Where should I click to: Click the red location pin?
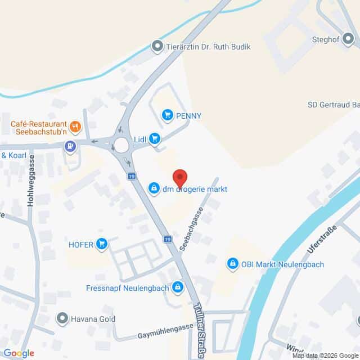coord(179,178)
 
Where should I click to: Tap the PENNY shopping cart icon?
coord(167,116)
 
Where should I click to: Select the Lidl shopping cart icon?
coord(154,139)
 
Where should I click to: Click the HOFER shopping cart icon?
coord(102,244)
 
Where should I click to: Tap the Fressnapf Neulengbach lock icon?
coord(178,287)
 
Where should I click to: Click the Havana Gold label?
coord(93,319)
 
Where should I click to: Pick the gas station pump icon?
coord(70,147)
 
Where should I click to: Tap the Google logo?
coord(18,353)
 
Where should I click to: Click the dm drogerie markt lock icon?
coord(154,189)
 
